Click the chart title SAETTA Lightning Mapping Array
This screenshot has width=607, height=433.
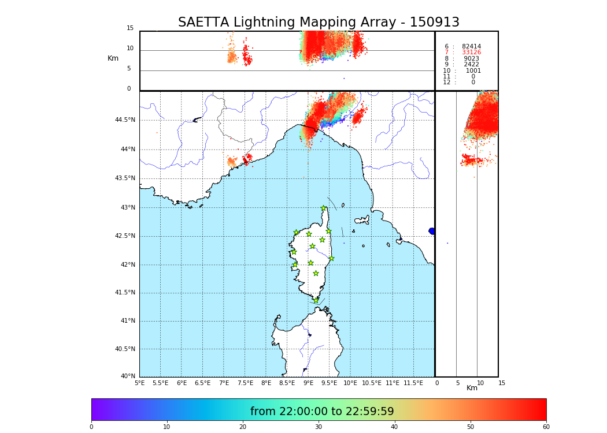point(319,23)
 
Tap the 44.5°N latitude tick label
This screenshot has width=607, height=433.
point(125,120)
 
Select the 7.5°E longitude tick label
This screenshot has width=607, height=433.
point(245,383)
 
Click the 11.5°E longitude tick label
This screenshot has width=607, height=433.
point(413,383)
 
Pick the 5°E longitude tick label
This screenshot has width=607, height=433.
point(139,383)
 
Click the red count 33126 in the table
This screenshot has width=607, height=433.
point(471,53)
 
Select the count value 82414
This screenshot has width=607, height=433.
point(471,47)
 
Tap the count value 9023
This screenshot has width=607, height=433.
point(471,59)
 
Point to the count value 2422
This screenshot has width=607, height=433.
point(471,65)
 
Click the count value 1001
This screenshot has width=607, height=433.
point(473,71)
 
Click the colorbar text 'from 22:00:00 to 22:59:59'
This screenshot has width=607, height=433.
point(322,412)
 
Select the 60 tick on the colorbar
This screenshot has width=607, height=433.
point(546,427)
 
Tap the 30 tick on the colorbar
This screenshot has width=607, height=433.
point(319,427)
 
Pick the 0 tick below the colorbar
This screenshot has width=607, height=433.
point(91,427)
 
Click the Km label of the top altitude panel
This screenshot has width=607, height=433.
point(113,58)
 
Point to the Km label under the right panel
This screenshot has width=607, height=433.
point(472,388)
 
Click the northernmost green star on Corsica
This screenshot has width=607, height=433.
point(324,208)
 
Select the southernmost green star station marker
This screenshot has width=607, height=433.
point(316,300)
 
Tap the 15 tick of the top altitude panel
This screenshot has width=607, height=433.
point(130,28)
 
